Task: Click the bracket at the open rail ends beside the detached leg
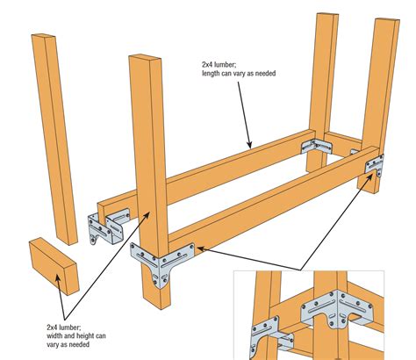point(107,227)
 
